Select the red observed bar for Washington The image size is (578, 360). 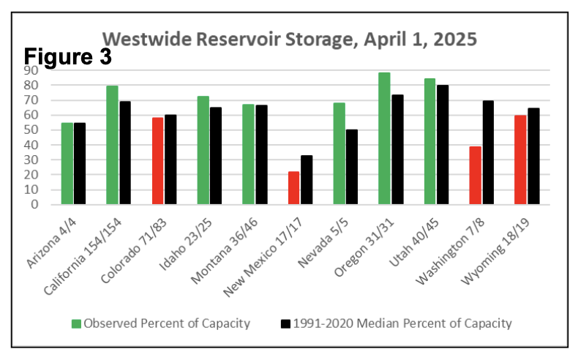tap(475, 176)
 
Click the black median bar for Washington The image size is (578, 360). tap(488, 153)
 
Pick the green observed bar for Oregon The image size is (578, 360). tap(384, 138)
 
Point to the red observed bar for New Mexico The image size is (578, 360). tap(293, 188)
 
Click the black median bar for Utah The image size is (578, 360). tap(443, 145)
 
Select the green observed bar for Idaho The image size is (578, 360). tap(203, 150)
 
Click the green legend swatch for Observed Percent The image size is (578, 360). tap(76, 323)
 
